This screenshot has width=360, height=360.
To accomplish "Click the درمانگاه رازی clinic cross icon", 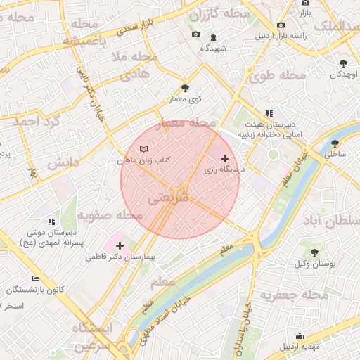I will [x=225, y=158].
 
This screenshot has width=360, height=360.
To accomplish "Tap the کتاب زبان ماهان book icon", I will [x=144, y=150].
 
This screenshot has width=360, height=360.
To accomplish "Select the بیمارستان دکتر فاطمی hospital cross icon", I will [x=120, y=246].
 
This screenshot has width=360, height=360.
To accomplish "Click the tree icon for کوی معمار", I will [x=185, y=88].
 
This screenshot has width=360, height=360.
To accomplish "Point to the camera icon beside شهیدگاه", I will [x=195, y=34].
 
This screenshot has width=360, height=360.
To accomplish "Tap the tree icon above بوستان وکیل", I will [x=314, y=252].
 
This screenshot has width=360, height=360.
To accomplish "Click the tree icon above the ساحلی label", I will [x=335, y=143].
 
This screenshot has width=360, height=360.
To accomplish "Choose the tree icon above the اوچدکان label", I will [x=342, y=63].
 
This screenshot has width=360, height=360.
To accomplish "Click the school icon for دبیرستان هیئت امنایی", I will [x=269, y=112].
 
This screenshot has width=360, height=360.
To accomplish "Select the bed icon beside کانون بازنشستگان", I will [x=36, y=278].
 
